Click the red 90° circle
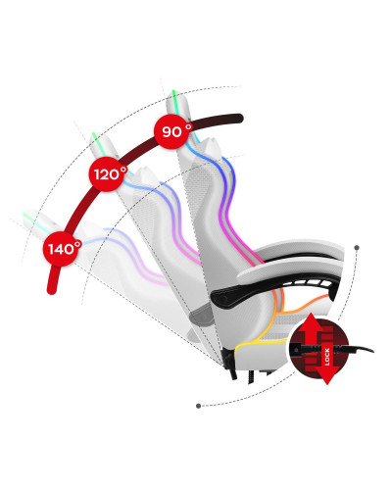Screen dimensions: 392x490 tap(172, 131)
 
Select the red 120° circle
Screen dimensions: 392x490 tap(107, 174)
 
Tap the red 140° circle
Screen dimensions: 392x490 tap(62, 249)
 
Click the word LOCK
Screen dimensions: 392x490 tap(327, 357)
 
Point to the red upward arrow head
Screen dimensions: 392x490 tap(309, 323)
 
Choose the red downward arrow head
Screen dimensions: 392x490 tap(327, 375)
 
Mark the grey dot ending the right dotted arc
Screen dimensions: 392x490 tap(357, 248)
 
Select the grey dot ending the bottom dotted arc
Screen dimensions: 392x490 tap(198, 406)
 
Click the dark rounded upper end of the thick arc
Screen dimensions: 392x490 tap(238, 119)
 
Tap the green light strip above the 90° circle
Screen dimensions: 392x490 tap(175, 101)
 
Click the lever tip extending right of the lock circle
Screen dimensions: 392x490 tap(362, 349)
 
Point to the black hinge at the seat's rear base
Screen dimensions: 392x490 tap(230, 363)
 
